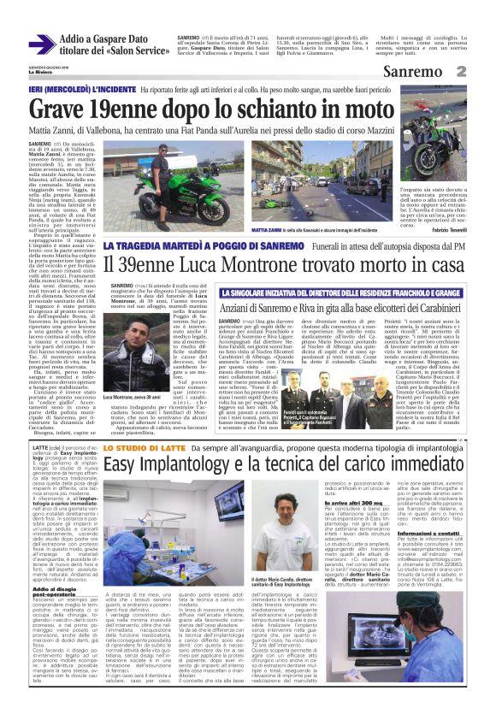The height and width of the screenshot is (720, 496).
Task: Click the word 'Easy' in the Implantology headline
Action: [x=124, y=487]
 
